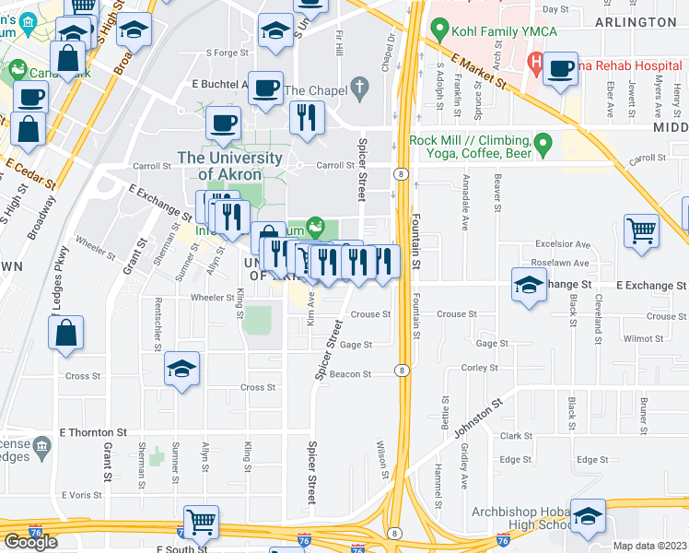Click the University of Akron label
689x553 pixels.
[229, 166]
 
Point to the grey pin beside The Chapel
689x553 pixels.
[358, 89]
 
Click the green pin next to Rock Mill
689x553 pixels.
[543, 144]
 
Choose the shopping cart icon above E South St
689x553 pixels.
[200, 522]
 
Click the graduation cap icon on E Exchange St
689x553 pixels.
[529, 285]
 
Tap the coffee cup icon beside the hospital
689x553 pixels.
[559, 69]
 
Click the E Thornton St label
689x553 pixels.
[93, 431]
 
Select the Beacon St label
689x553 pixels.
[350, 374]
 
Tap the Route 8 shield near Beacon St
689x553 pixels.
[402, 371]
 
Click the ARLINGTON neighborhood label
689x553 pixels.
[636, 21]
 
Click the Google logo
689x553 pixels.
[30, 542]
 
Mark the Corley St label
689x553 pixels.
[479, 368]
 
